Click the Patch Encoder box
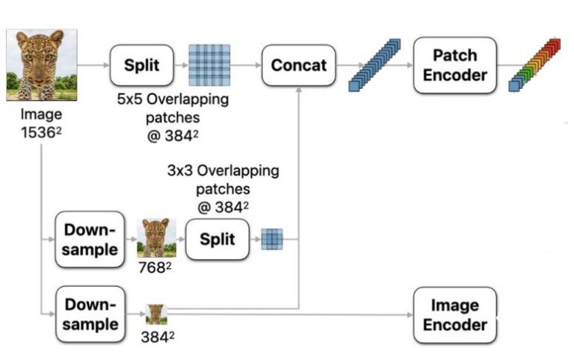coord(454,65)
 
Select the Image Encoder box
coord(454,314)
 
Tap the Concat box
coord(298,65)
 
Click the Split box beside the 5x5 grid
coord(141,65)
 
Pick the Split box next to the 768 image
coord(217,239)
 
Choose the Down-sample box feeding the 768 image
coord(90,239)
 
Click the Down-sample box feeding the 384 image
coord(90,314)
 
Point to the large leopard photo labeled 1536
coord(42,65)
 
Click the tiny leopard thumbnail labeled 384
coord(155,313)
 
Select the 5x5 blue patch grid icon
coord(209,65)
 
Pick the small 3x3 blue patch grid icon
coord(272,239)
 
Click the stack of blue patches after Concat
coord(375,65)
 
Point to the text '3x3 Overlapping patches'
coord(223,179)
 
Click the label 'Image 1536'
coord(41,123)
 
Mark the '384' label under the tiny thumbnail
coord(158,337)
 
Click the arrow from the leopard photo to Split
coord(93,65)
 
